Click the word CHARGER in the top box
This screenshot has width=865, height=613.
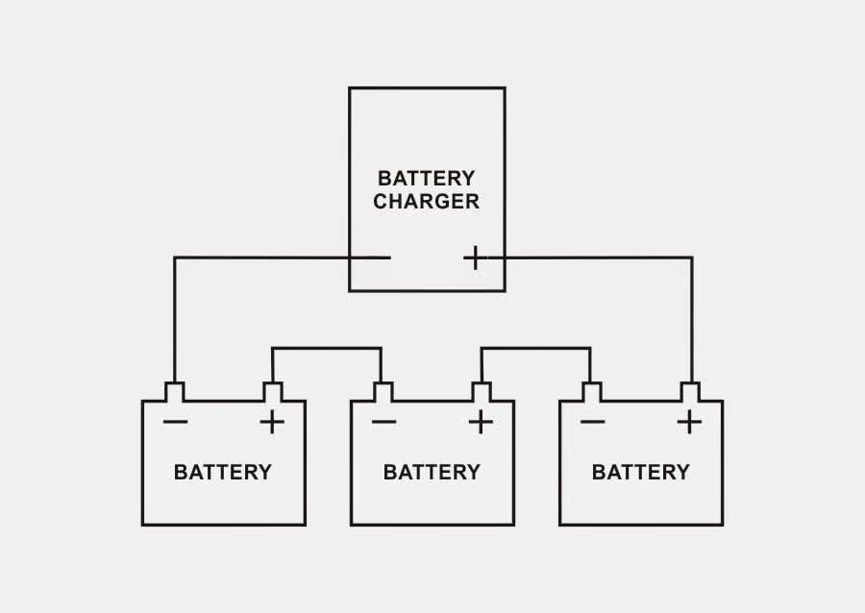click(x=426, y=202)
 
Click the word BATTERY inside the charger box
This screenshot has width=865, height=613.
click(x=426, y=179)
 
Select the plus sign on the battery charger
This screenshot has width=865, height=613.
click(x=474, y=257)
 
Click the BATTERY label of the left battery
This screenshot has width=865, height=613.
click(x=223, y=472)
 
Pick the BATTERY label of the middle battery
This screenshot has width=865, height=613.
click(x=432, y=472)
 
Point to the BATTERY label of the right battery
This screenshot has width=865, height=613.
click(x=640, y=472)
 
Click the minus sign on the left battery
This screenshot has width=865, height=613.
click(x=175, y=422)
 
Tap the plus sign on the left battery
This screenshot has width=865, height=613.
click(x=272, y=422)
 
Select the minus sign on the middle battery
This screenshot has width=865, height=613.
click(x=383, y=422)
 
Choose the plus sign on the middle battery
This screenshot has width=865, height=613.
click(x=481, y=422)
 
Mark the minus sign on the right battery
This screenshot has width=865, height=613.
click(x=592, y=422)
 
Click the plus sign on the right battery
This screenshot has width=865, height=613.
click(x=689, y=422)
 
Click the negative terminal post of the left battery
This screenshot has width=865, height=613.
click(x=174, y=392)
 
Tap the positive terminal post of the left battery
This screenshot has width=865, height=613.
click(x=272, y=392)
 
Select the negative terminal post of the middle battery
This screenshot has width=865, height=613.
click(x=383, y=392)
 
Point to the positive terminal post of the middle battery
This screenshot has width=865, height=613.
click(x=481, y=392)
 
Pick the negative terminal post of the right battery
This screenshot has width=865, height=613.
click(x=591, y=392)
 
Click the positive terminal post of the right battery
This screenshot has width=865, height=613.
click(x=689, y=392)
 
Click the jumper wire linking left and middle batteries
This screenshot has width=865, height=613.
click(x=327, y=348)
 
